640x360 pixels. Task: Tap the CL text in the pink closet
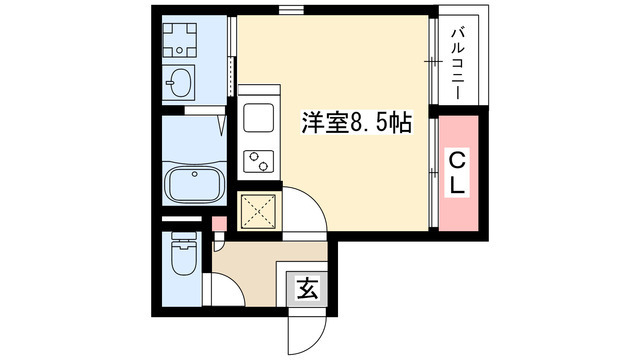pyautogui.click(x=455, y=173)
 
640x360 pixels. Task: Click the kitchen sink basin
pyautogui.click(x=258, y=118)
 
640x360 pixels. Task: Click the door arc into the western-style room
pyautogui.click(x=304, y=212)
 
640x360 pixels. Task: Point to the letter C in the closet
pyautogui.click(x=455, y=160)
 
